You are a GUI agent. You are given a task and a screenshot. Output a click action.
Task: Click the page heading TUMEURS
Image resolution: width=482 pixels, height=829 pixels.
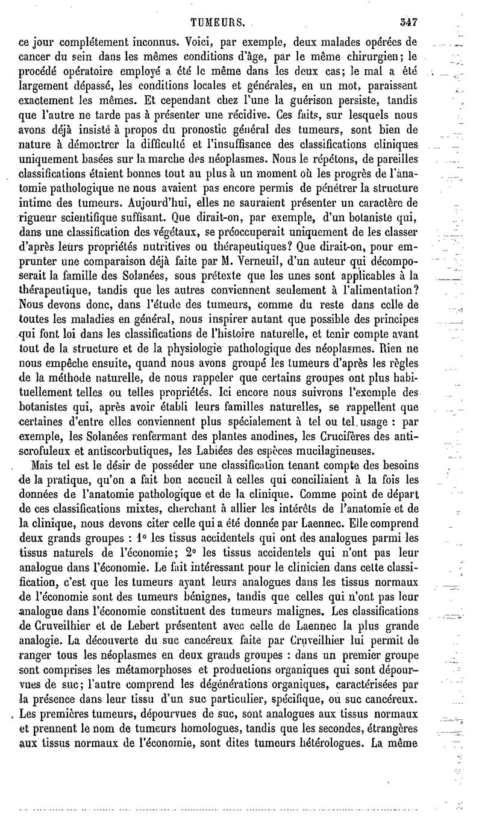tap(218, 22)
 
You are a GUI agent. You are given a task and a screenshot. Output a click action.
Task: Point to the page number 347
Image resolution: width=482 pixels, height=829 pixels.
tap(408, 21)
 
